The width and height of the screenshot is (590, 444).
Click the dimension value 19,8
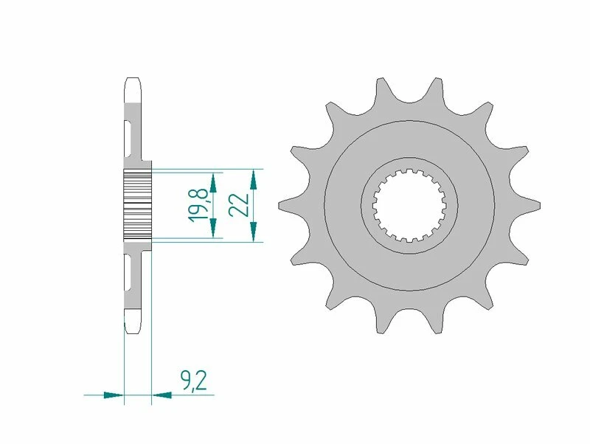pyautogui.click(x=197, y=204)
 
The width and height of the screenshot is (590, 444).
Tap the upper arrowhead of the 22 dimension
pyautogui.click(x=253, y=177)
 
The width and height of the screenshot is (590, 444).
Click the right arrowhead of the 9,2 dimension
pyautogui.click(x=162, y=395)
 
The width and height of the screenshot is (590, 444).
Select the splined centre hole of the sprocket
pyautogui.click(x=409, y=204)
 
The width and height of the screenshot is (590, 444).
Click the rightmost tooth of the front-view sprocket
pyautogui.click(x=533, y=204)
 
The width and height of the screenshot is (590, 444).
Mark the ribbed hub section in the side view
pyautogui.click(x=137, y=203)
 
